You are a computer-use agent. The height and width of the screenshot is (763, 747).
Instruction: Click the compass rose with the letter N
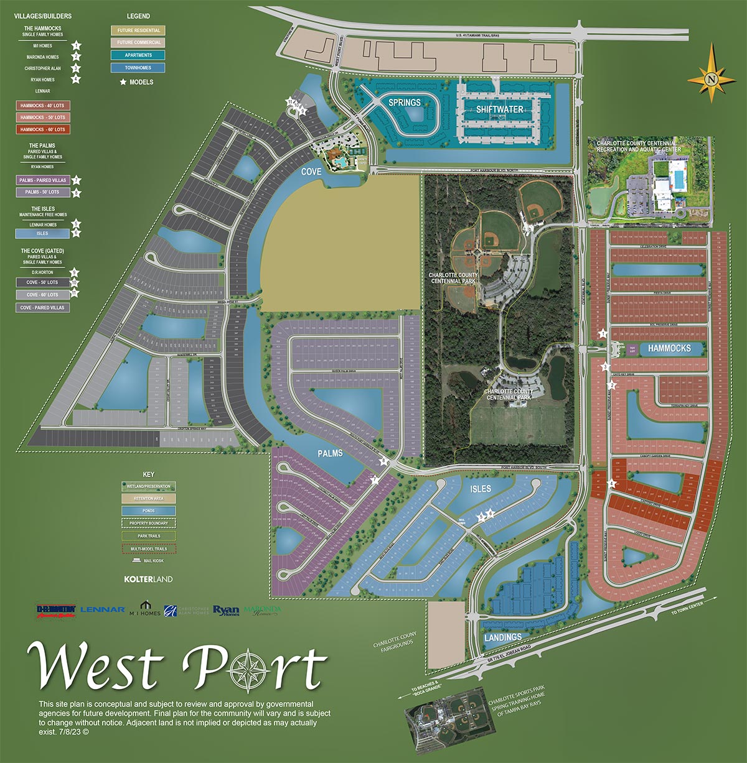coord(712,78)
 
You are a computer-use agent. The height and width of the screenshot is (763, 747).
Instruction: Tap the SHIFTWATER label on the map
coord(500,109)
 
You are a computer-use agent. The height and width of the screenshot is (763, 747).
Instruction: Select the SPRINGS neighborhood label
coord(405,103)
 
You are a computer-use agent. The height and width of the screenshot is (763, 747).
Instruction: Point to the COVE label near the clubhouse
coord(311,172)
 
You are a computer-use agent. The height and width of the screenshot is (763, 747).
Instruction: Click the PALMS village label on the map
coord(330,453)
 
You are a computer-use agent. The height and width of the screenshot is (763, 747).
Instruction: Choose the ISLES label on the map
coord(481,489)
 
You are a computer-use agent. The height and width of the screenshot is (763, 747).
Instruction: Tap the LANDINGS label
coord(503,637)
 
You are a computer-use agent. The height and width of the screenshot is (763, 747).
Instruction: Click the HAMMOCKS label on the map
coord(669,348)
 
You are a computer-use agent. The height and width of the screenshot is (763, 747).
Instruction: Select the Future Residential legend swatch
coord(138,30)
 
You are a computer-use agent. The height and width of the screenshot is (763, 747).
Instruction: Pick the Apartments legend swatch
coord(138,55)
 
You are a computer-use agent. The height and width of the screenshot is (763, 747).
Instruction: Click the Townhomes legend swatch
coord(138,68)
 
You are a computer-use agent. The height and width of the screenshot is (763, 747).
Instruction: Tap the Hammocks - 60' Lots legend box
coord(42,129)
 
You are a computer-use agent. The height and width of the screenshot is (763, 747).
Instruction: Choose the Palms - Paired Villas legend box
coord(42,180)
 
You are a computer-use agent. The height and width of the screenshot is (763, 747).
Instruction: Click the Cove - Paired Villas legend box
coord(42,307)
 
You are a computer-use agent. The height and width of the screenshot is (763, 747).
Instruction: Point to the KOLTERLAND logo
coord(148,579)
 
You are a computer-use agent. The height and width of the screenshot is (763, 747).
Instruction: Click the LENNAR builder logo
coord(103,610)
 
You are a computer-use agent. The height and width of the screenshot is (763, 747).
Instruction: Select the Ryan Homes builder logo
coord(226,611)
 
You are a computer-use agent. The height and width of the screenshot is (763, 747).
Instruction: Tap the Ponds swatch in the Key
coord(149,511)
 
